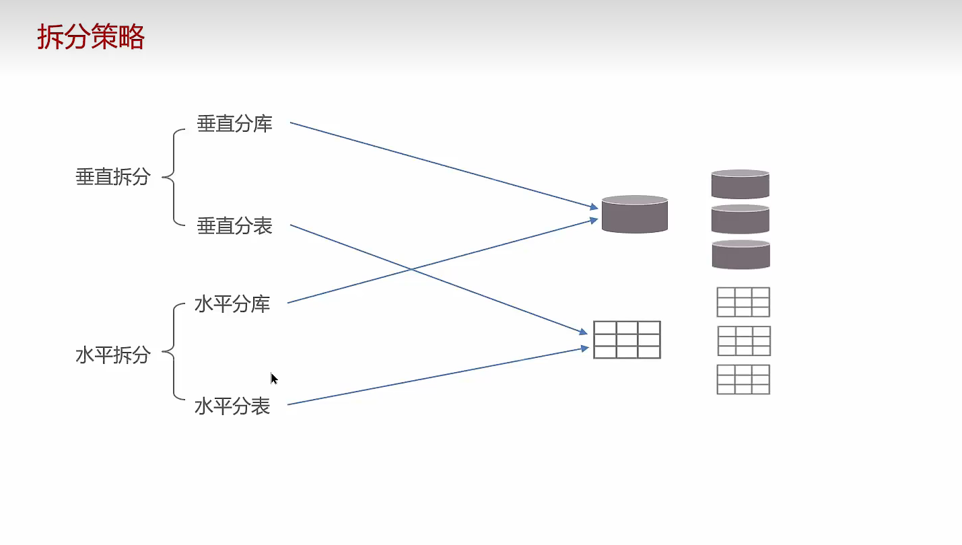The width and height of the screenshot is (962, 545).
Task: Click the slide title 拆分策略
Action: point(91,38)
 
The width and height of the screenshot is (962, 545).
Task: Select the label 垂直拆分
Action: point(112,178)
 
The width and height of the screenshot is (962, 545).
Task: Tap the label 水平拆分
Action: point(112,355)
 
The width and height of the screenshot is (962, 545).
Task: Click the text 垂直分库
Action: point(234,124)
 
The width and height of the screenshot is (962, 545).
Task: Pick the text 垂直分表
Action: point(234,226)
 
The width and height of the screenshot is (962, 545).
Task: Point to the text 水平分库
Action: point(232,304)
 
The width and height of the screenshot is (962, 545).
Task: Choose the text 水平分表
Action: point(232,406)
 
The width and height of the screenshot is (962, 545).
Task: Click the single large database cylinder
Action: point(634,215)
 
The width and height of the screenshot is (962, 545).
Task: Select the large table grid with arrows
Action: point(627,340)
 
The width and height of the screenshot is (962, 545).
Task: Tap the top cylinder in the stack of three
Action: point(740,184)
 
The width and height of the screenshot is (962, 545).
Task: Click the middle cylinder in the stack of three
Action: point(740,219)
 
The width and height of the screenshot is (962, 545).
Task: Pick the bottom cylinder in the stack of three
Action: point(741,254)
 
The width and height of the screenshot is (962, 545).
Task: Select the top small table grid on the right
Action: point(743,302)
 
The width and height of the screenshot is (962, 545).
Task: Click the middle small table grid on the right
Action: point(744,341)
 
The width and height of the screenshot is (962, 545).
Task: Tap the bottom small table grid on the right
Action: point(743,379)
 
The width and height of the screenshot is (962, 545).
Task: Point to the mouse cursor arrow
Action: point(274,379)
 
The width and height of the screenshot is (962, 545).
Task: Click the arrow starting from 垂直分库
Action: point(444,165)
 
